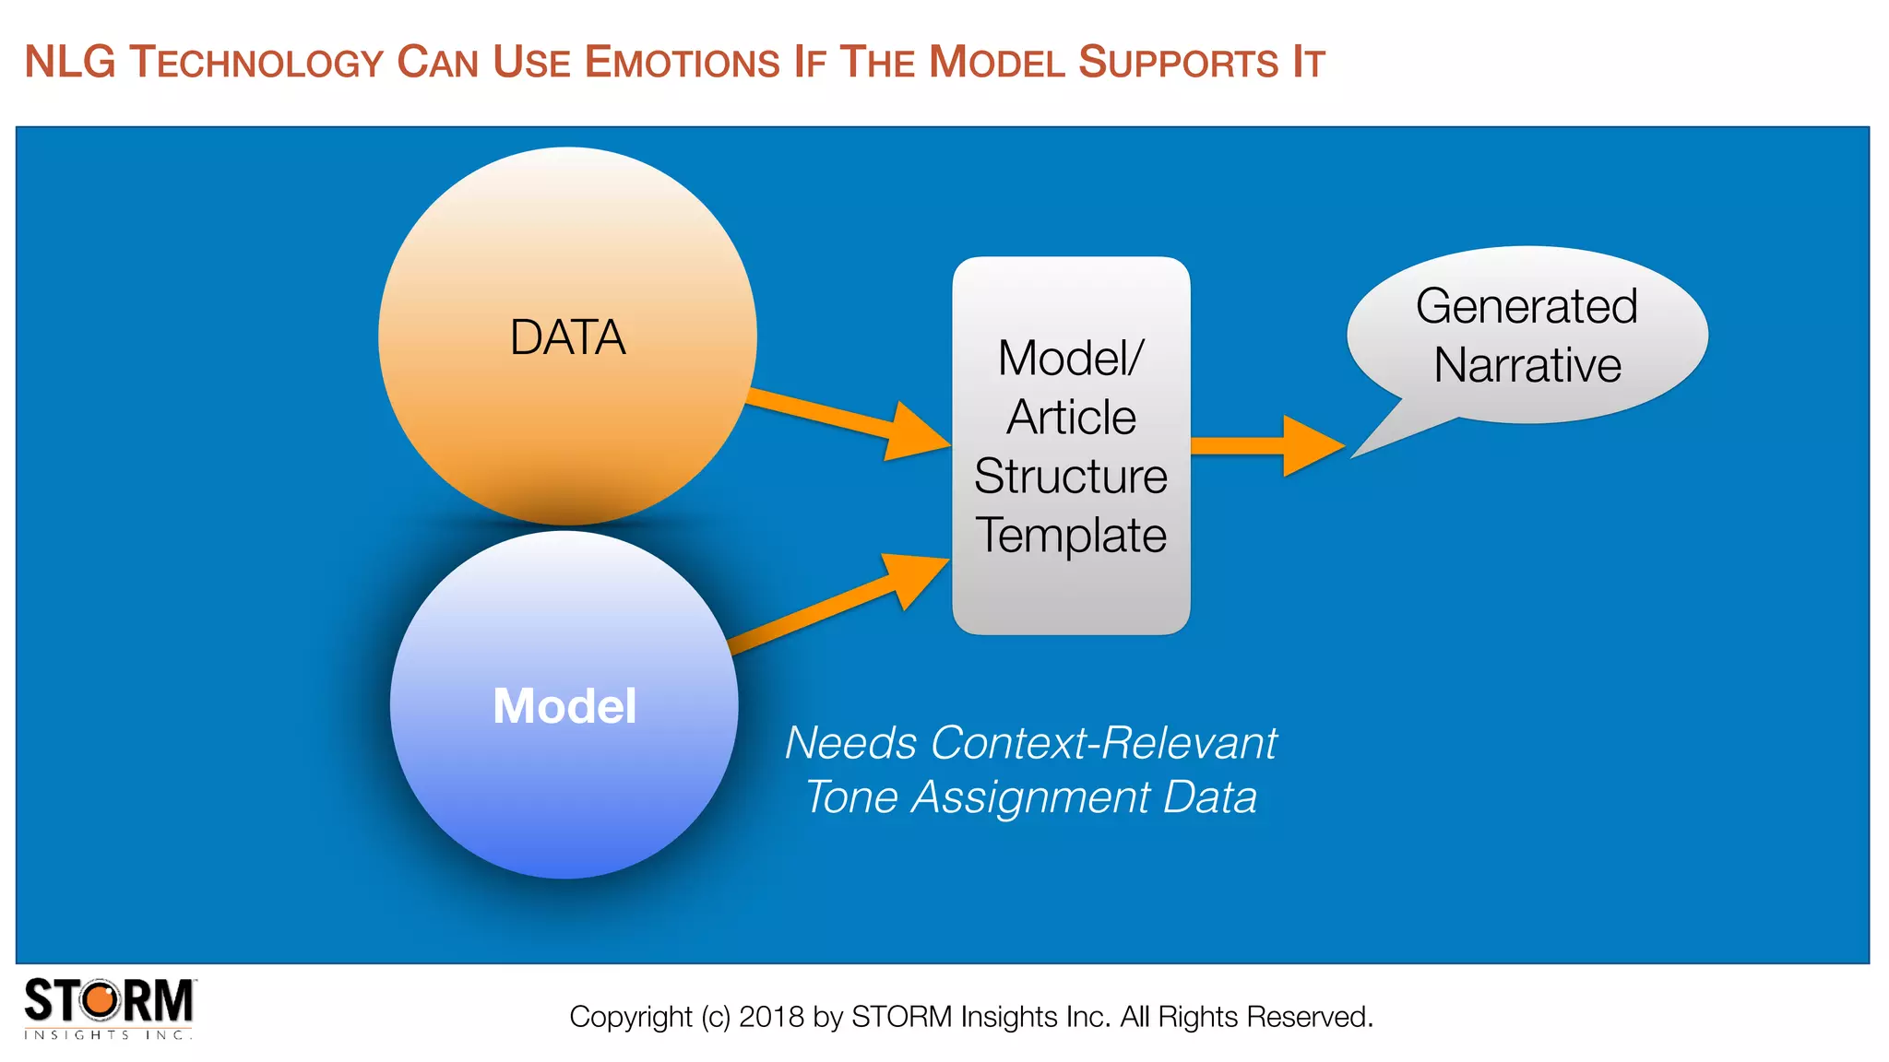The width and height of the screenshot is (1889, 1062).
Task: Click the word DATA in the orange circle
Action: click(x=567, y=337)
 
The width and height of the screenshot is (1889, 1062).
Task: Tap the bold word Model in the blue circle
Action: click(x=564, y=706)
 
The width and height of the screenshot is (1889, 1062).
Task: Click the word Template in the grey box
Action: click(x=1071, y=536)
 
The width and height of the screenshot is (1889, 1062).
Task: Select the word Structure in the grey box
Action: click(x=1071, y=477)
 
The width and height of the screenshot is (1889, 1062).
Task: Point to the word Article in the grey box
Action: click(x=1071, y=418)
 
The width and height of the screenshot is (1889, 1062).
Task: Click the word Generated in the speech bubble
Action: click(x=1527, y=306)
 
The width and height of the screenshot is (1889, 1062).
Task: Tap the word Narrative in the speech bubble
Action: click(x=1527, y=365)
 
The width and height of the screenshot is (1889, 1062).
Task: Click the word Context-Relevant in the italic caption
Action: click(x=1103, y=743)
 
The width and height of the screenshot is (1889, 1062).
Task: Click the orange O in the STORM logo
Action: click(x=102, y=1001)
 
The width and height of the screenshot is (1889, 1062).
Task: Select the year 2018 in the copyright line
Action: click(x=771, y=1017)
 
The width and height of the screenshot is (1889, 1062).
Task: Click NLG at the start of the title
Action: click(x=70, y=63)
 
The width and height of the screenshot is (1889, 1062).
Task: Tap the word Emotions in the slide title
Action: click(x=683, y=63)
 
